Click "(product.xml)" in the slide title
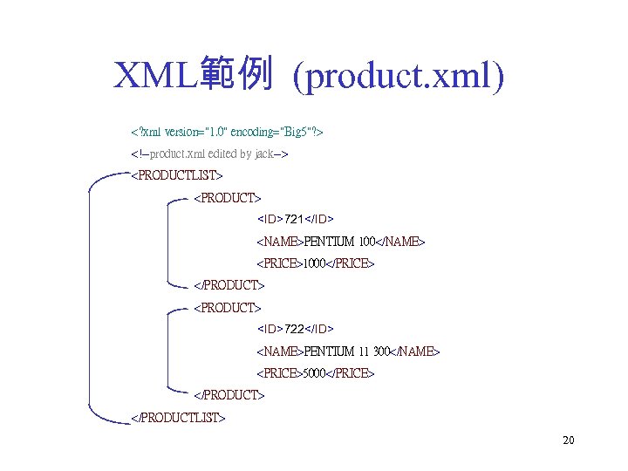coord(399,77)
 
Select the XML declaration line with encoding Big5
coord(227,133)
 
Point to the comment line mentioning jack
coord(209,154)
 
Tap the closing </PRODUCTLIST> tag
coord(178,418)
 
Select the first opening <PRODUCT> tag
coord(227,199)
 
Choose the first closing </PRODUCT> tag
coord(229,285)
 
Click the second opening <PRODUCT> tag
coord(227,308)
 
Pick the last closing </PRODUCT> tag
coord(229,395)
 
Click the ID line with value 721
coord(296,218)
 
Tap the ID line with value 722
coord(296,329)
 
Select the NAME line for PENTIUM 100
coord(341,241)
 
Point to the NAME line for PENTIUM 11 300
coord(348,352)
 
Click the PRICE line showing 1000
coord(315,263)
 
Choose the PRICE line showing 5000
coord(315,373)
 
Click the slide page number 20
coord(568,440)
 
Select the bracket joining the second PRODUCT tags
coord(166,352)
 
